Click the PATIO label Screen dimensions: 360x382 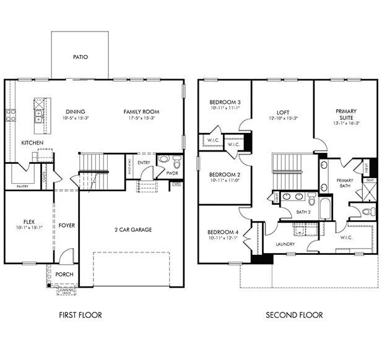click(80, 57)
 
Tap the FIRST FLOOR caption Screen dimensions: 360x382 click(80, 315)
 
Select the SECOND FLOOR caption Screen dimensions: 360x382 click(294, 315)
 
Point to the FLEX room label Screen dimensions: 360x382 click(28, 220)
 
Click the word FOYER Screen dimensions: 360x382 click(66, 225)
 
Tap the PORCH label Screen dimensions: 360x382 click(64, 275)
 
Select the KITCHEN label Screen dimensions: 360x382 click(32, 143)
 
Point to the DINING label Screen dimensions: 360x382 click(76, 111)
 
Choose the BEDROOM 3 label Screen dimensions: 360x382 click(225, 102)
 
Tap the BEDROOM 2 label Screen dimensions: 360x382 click(225, 174)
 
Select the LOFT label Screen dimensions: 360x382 click(284, 111)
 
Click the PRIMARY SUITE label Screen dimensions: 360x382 click(346, 115)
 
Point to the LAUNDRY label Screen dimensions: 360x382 click(285, 244)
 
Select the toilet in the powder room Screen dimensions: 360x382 click(176, 163)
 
